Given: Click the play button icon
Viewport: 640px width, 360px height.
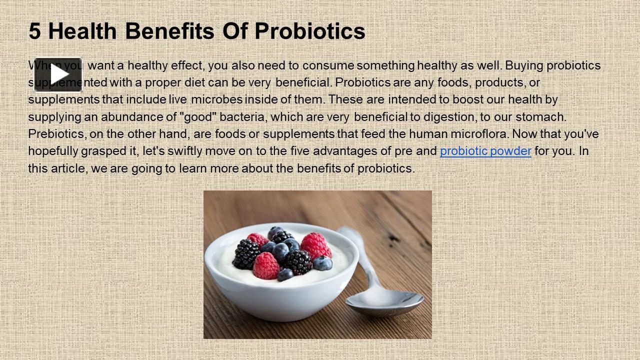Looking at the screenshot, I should click(x=58, y=74).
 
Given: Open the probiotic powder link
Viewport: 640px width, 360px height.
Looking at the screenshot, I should click(x=485, y=151).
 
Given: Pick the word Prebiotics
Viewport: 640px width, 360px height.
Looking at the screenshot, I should click(x=57, y=134).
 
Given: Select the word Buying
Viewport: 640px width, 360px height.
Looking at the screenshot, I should click(x=524, y=65).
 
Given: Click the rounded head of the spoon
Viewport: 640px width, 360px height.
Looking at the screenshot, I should click(x=385, y=303).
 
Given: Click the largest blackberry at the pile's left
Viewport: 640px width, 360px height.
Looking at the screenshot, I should click(x=246, y=254).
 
